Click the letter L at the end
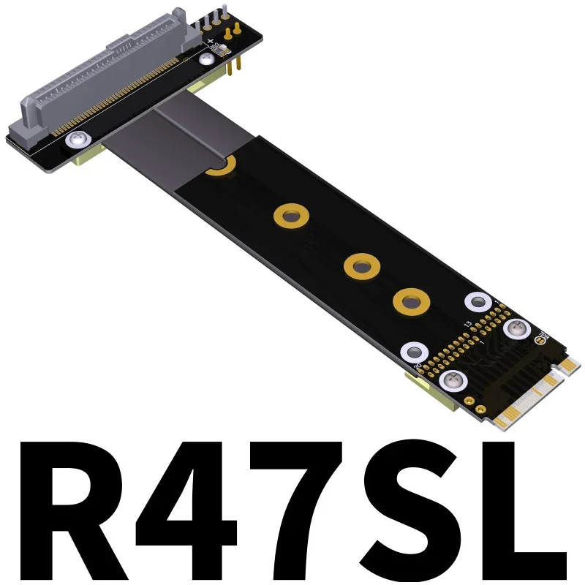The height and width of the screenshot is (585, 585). [x=523, y=512]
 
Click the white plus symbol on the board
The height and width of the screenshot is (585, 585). [x=211, y=42]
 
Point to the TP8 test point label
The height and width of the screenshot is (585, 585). [x=543, y=339]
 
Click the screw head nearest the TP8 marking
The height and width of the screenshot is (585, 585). [x=516, y=330]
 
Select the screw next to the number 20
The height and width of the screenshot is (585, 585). [x=451, y=380]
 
